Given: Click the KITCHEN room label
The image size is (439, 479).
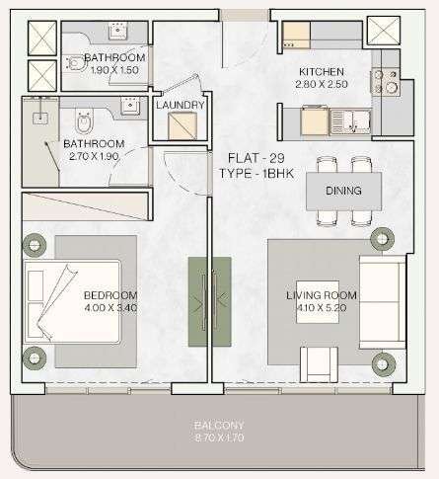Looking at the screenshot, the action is point(322,72).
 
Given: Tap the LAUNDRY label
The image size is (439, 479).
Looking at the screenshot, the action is point(181,105).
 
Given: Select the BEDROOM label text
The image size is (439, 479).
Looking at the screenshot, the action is point(110,295).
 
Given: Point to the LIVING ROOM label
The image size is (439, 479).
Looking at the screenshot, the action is point(322,295).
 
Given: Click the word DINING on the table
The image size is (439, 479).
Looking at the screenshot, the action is point(343,191).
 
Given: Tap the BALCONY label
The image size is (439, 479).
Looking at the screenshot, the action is point(219,425).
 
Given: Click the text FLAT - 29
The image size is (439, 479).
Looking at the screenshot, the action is point(256,158).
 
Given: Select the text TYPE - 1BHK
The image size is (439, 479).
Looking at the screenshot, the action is point(256,173).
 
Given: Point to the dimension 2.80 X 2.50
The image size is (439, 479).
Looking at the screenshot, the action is point(322,84).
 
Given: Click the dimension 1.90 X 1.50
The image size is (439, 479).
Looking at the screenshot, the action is point(114,70).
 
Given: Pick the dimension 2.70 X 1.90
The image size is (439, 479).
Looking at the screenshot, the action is point(94,156).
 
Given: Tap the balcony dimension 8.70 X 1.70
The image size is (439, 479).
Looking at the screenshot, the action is point(219,438).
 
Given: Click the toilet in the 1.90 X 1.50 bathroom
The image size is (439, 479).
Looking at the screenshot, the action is point(76,63).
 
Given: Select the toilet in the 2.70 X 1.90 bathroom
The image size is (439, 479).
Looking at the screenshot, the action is point(85,121).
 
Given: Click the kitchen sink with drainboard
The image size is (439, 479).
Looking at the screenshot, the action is point(350,121).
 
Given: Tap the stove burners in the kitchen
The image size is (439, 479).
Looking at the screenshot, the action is point(385,82).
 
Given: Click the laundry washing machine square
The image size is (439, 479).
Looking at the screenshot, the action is point(183,126).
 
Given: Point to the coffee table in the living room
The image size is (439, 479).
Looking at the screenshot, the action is point(318,302).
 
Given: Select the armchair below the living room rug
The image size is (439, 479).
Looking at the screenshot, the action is point(319,364).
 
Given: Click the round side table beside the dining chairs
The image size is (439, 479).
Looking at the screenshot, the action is point(382,238).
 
